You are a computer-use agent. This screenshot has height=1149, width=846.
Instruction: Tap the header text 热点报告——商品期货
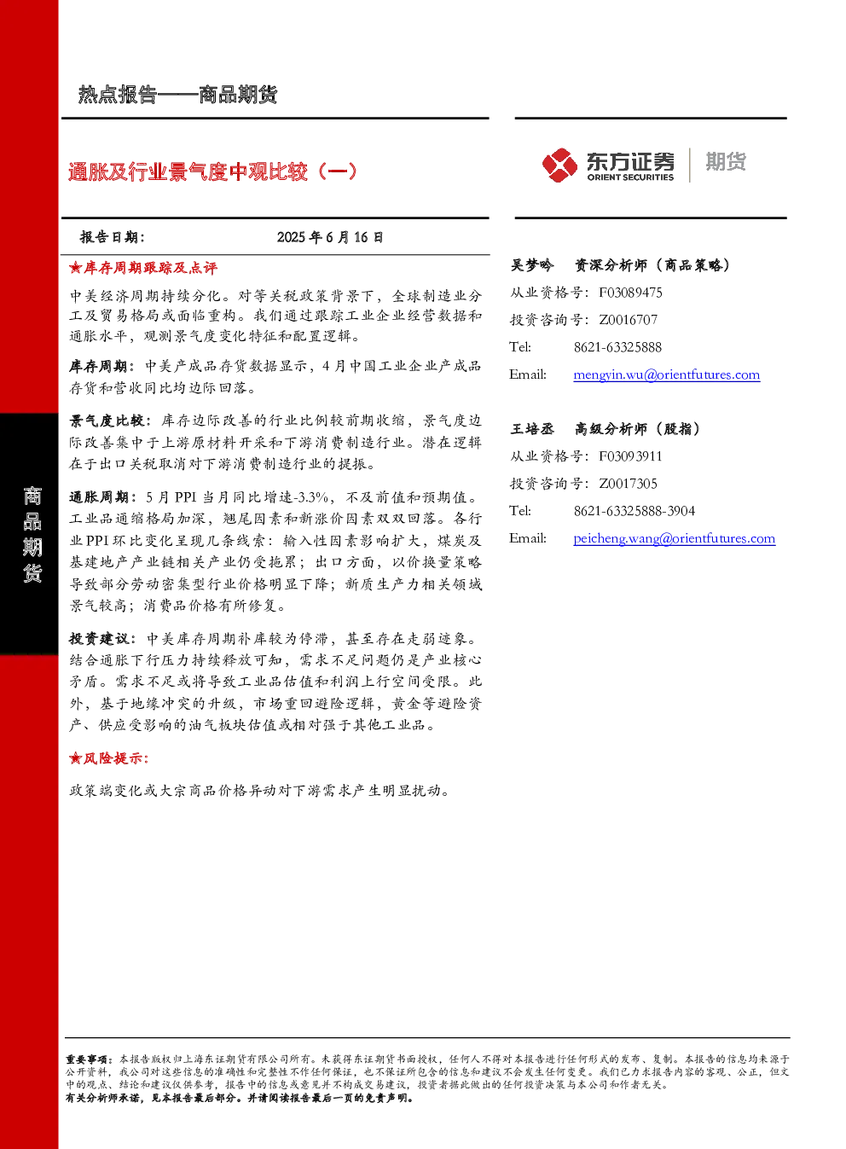[x=177, y=95]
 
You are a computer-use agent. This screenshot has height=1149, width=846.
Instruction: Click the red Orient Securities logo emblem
[x=559, y=165]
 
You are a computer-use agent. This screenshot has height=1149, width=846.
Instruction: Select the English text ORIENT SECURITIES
[x=630, y=177]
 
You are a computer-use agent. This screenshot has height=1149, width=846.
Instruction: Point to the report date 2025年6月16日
[x=330, y=237]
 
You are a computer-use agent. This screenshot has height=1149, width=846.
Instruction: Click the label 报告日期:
[x=113, y=237]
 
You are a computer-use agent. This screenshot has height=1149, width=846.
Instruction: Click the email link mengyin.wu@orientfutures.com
[x=667, y=375]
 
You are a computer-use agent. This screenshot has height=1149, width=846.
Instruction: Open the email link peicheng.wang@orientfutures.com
[x=675, y=538]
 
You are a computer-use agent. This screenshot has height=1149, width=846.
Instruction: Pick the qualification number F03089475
[x=630, y=293]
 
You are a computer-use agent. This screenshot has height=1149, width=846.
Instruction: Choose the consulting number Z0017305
[x=628, y=483]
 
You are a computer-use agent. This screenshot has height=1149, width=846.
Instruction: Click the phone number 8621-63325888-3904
[x=634, y=511]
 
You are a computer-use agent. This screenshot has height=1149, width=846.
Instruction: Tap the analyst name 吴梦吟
[x=531, y=265]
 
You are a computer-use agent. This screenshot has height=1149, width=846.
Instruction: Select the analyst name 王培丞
[x=531, y=429]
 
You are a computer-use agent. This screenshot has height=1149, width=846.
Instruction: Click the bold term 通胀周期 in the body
[x=98, y=497]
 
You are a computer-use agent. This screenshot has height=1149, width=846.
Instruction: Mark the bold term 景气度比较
[x=107, y=421]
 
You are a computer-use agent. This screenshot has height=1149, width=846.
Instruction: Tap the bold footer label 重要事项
[x=86, y=1059]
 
